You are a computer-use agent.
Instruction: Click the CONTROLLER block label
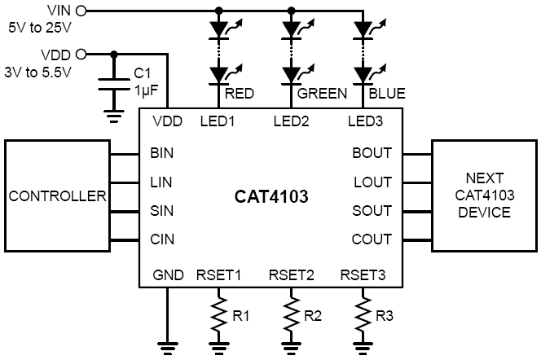pyautogui.click(x=57, y=196)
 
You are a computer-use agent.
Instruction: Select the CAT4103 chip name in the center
pyautogui.click(x=269, y=197)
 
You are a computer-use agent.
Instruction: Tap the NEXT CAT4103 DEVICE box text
pyautogui.click(x=485, y=196)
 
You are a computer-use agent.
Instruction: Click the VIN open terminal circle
pyautogui.click(x=79, y=11)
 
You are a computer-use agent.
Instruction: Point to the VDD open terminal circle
pyautogui.click(x=79, y=55)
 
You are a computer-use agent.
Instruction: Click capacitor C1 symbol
pyautogui.click(x=112, y=82)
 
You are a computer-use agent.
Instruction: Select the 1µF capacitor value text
pyautogui.click(x=147, y=89)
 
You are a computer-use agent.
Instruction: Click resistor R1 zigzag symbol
pyautogui.click(x=218, y=313)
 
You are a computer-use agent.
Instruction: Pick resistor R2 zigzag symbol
pyautogui.click(x=290, y=313)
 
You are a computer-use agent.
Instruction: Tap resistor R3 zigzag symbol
pyautogui.click(x=362, y=313)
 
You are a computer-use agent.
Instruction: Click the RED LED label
pyautogui.click(x=240, y=93)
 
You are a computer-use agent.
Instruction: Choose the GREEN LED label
pyautogui.click(x=322, y=93)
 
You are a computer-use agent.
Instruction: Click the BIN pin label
pyautogui.click(x=162, y=153)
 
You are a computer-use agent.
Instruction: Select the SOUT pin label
pyautogui.click(x=372, y=212)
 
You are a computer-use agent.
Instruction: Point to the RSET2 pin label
pyautogui.click(x=291, y=274)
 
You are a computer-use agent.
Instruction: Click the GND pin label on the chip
pyautogui.click(x=168, y=274)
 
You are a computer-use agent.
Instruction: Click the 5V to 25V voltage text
pyautogui.click(x=39, y=26)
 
